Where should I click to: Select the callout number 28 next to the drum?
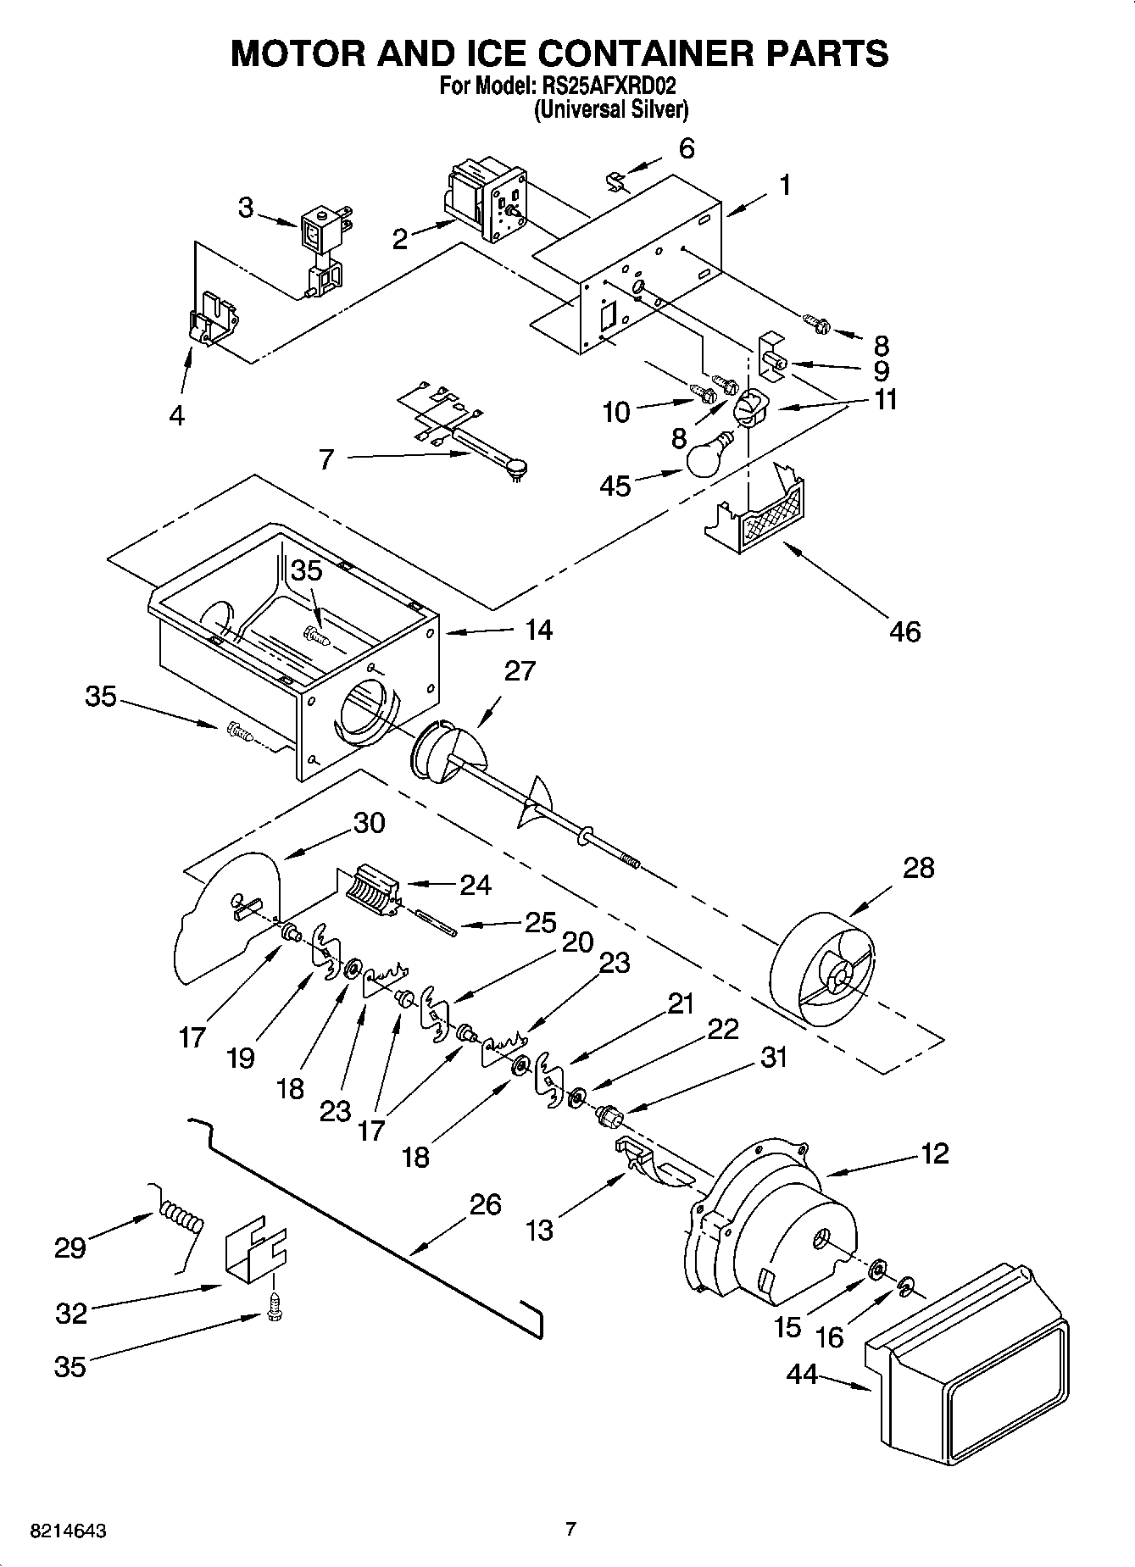918,868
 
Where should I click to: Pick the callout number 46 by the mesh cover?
904,631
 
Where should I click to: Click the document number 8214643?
68,1531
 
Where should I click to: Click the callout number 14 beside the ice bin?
538,630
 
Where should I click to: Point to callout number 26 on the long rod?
485,1204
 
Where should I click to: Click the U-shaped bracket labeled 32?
254,1248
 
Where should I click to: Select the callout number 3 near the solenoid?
245,208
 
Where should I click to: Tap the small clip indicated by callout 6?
617,181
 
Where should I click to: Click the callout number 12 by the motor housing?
934,1153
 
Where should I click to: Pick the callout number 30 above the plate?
369,822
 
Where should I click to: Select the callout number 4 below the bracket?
176,415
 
